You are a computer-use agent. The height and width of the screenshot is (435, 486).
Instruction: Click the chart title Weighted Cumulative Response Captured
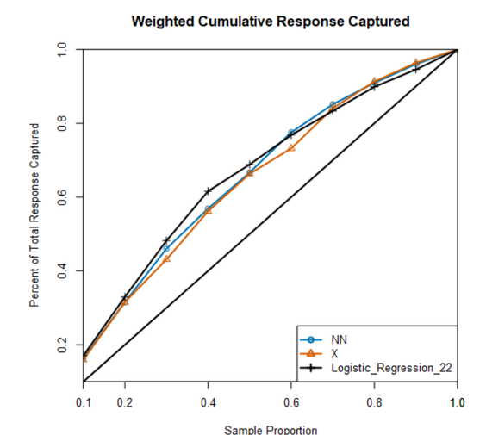coord(270,20)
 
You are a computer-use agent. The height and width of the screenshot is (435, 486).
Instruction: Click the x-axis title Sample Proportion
coord(270,429)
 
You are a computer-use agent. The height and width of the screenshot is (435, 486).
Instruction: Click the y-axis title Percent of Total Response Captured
coord(35,215)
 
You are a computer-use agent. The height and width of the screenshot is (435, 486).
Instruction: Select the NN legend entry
coord(340,339)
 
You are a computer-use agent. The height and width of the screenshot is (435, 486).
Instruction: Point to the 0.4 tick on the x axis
coord(208,401)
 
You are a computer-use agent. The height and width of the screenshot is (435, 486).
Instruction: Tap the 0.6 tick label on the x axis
coord(290,401)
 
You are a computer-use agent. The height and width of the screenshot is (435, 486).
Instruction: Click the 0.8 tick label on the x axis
coord(374,401)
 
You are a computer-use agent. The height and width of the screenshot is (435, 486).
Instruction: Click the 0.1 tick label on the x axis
coord(84,401)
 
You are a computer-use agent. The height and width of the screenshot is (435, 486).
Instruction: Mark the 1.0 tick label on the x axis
coord(457,401)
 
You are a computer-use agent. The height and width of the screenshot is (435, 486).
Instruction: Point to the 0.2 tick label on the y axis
coord(63,345)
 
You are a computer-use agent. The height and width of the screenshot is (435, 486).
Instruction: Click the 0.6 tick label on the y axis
coord(63,197)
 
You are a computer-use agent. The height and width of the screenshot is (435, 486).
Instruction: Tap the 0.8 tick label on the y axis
coord(63,123)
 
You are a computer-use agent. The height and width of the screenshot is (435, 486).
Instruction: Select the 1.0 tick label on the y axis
coord(63,50)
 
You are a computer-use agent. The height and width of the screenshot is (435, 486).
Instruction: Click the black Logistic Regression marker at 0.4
coord(208,191)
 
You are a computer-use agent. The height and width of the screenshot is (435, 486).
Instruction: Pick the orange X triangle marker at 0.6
coord(291,148)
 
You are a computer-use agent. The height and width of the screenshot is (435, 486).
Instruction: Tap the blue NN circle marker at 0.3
coord(166,249)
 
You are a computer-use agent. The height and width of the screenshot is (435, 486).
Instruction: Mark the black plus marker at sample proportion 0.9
coord(415,69)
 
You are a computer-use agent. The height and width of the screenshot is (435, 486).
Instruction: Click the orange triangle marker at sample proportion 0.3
coord(166,258)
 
